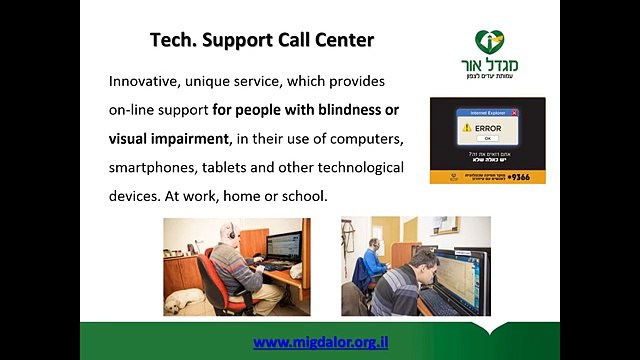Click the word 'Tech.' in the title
coord(174,41)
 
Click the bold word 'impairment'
coord(190,136)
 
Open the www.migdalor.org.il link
coord(320,342)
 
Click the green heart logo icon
coord(489,42)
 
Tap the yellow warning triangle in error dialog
coord(465,128)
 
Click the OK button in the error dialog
coord(487,139)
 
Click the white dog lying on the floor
coord(191,304)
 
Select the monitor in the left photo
coord(283,245)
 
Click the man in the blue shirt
coord(373,263)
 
